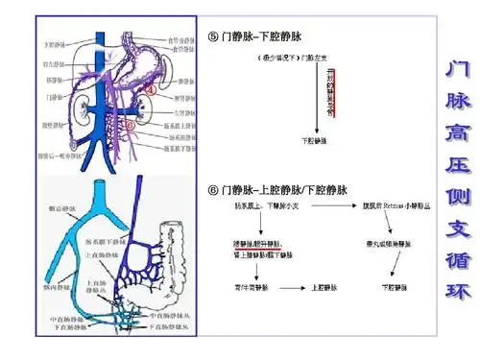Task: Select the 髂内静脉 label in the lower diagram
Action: pos(54,286)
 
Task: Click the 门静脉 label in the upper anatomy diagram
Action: pos(53,97)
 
